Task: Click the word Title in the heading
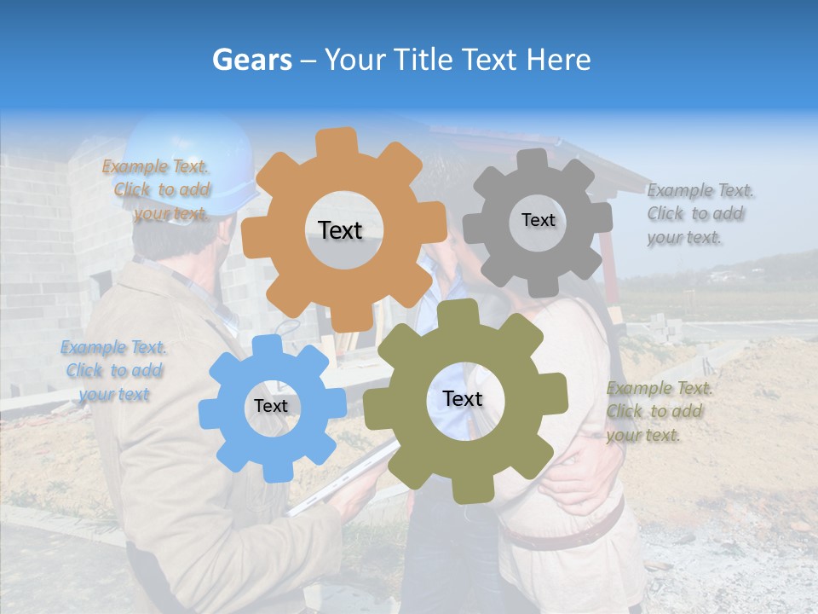tap(426, 60)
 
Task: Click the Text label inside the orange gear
tap(340, 230)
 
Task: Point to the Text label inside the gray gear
tap(538, 220)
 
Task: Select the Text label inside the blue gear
tap(271, 406)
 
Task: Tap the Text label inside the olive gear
tap(463, 398)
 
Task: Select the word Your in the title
tap(356, 60)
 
